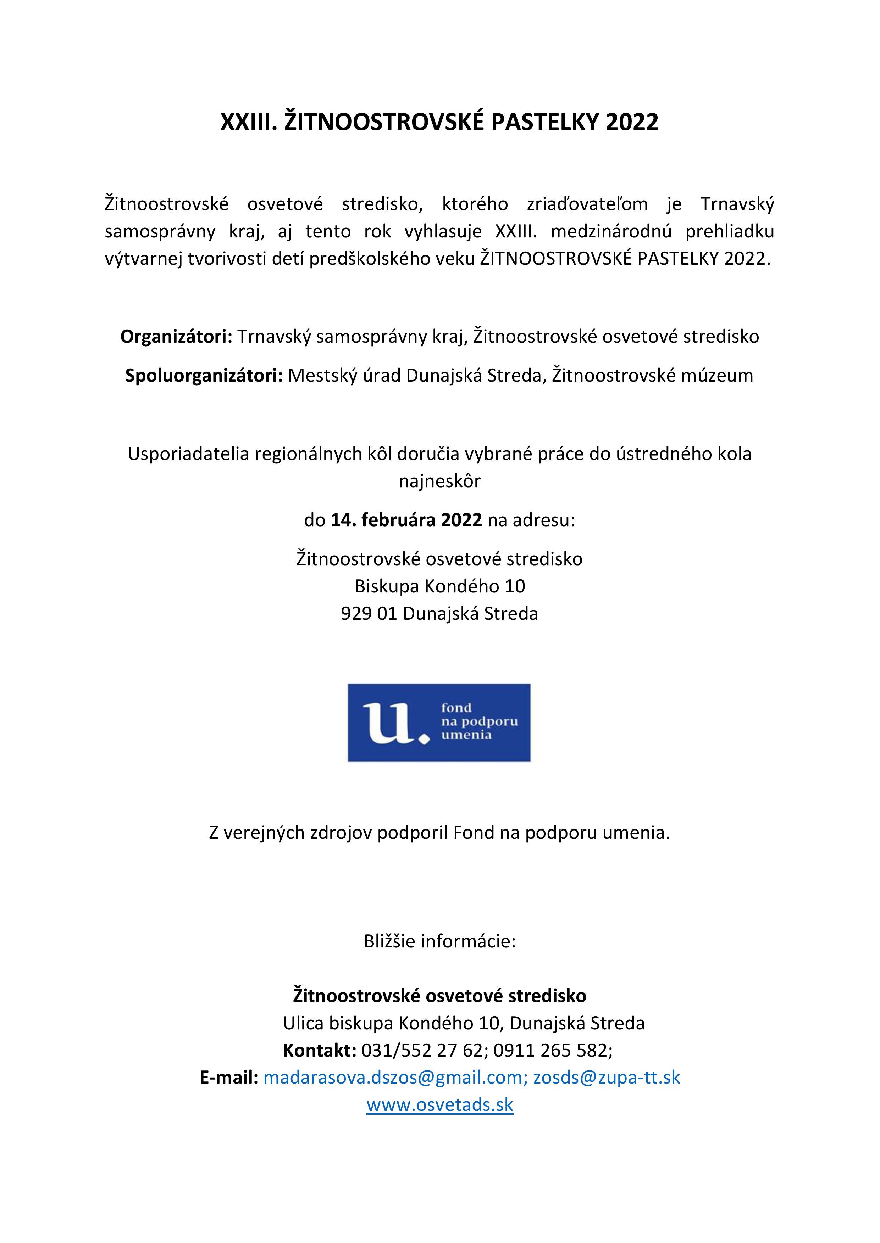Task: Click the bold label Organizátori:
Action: point(176,337)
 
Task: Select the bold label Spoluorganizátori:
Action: point(204,376)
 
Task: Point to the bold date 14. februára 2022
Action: point(406,520)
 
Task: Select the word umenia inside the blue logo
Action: point(466,735)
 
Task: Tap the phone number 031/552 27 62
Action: point(422,1050)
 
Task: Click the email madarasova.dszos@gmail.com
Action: point(393,1077)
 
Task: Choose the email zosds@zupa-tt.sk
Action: point(607,1077)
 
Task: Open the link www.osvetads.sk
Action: point(439,1104)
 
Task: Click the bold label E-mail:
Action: point(229,1077)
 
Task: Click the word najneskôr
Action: point(439,481)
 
